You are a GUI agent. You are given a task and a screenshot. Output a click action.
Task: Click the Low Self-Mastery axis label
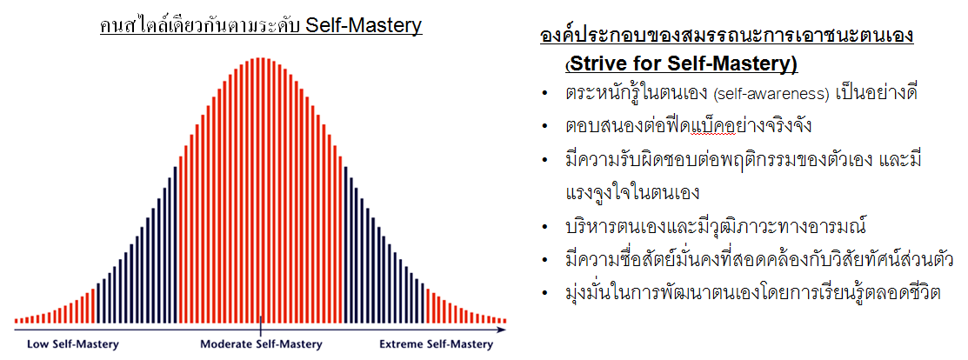[72, 344]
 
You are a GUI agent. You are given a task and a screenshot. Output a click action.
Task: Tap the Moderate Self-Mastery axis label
[261, 344]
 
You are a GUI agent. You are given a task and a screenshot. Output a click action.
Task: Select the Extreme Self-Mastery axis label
[436, 344]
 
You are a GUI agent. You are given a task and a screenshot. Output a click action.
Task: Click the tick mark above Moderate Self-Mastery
[261, 325]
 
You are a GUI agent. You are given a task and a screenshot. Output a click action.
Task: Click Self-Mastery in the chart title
[365, 26]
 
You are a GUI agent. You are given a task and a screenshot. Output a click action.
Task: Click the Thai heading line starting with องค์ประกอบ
[726, 35]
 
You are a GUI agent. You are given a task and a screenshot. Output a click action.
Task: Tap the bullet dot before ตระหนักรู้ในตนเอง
[544, 94]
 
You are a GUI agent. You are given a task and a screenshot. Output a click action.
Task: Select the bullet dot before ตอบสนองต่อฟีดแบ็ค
[544, 127]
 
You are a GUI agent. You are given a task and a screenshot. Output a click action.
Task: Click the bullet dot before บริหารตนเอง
[544, 227]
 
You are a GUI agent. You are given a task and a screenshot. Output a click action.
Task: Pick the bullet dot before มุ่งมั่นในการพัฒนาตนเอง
[544, 293]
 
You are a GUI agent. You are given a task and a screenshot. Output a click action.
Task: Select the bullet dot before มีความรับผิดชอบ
[544, 161]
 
